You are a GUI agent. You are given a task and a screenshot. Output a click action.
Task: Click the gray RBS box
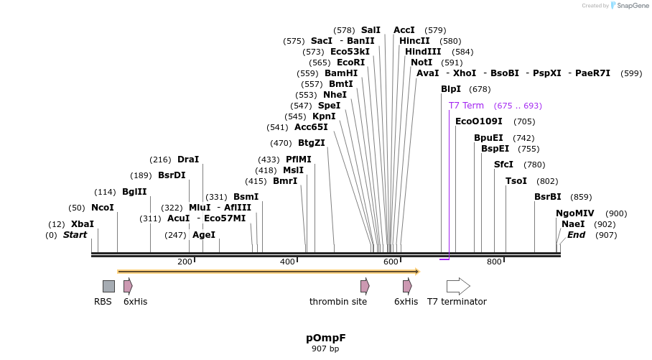tap(108, 286)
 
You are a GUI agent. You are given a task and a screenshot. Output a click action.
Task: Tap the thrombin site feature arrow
tap(365, 286)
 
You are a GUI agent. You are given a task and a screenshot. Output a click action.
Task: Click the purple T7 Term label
tap(466, 106)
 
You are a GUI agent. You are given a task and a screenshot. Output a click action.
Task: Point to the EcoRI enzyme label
tap(351, 63)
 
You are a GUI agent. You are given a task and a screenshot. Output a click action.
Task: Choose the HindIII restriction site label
tap(423, 52)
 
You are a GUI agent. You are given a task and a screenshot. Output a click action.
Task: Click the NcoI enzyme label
tap(103, 208)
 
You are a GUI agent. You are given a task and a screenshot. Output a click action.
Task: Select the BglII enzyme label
tap(134, 192)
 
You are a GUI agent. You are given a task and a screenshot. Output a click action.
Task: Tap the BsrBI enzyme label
tap(548, 197)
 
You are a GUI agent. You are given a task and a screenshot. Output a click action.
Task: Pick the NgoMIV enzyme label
tap(575, 213)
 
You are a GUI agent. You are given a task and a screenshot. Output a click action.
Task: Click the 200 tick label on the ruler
tap(184, 262)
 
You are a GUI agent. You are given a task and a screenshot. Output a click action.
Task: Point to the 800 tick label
tap(494, 262)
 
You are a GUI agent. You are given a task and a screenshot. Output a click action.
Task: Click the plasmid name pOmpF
tap(325, 337)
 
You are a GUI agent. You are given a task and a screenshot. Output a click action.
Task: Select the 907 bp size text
tap(325, 349)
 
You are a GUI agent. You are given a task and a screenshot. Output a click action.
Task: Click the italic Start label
tap(75, 235)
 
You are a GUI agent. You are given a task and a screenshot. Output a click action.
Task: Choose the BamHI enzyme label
tap(341, 73)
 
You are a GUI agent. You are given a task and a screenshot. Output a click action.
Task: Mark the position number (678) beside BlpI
tap(480, 89)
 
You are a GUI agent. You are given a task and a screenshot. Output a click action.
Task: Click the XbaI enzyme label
tap(83, 224)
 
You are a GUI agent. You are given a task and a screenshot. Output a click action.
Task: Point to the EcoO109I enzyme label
tap(479, 121)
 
